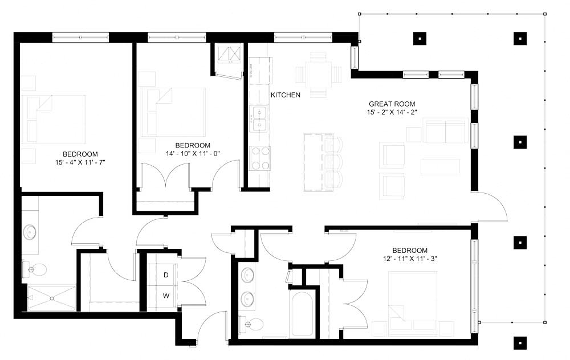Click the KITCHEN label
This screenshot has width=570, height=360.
[285, 95]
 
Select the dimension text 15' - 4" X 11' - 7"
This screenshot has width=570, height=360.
[80, 162]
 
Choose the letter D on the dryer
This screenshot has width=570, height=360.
[166, 275]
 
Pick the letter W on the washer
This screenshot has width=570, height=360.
[166, 296]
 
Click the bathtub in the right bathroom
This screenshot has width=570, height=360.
[302, 313]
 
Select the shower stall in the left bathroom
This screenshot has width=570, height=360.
[51, 297]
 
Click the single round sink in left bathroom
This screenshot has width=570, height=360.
[30, 232]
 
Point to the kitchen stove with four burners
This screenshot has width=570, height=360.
[260, 158]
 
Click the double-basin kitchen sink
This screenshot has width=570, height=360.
[260, 118]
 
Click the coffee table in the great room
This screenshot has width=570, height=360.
[440, 166]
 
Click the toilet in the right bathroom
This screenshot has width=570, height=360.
[254, 324]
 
